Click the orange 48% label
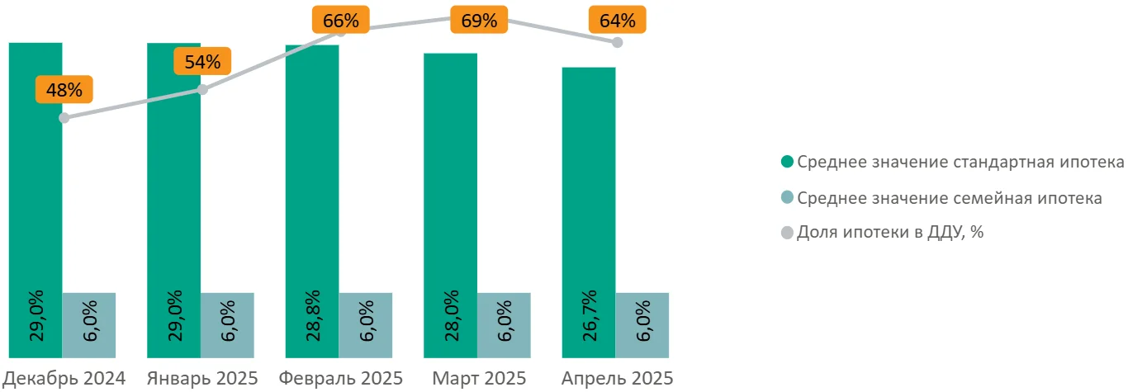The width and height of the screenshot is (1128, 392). (64, 90)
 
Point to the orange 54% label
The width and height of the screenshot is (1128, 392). (202, 62)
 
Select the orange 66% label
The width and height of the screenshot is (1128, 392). (340, 21)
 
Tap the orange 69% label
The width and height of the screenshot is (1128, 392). (479, 21)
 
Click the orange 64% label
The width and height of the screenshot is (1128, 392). (617, 20)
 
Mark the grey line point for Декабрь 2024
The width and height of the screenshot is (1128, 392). (64, 118)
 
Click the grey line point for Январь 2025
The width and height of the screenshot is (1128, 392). (202, 89)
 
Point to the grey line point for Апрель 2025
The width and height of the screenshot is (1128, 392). (618, 42)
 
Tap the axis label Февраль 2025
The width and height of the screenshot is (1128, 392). (341, 379)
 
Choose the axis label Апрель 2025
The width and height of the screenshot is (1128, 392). (618, 379)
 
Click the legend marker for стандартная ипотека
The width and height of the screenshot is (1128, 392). (786, 162)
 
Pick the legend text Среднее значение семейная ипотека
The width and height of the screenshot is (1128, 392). (950, 198)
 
